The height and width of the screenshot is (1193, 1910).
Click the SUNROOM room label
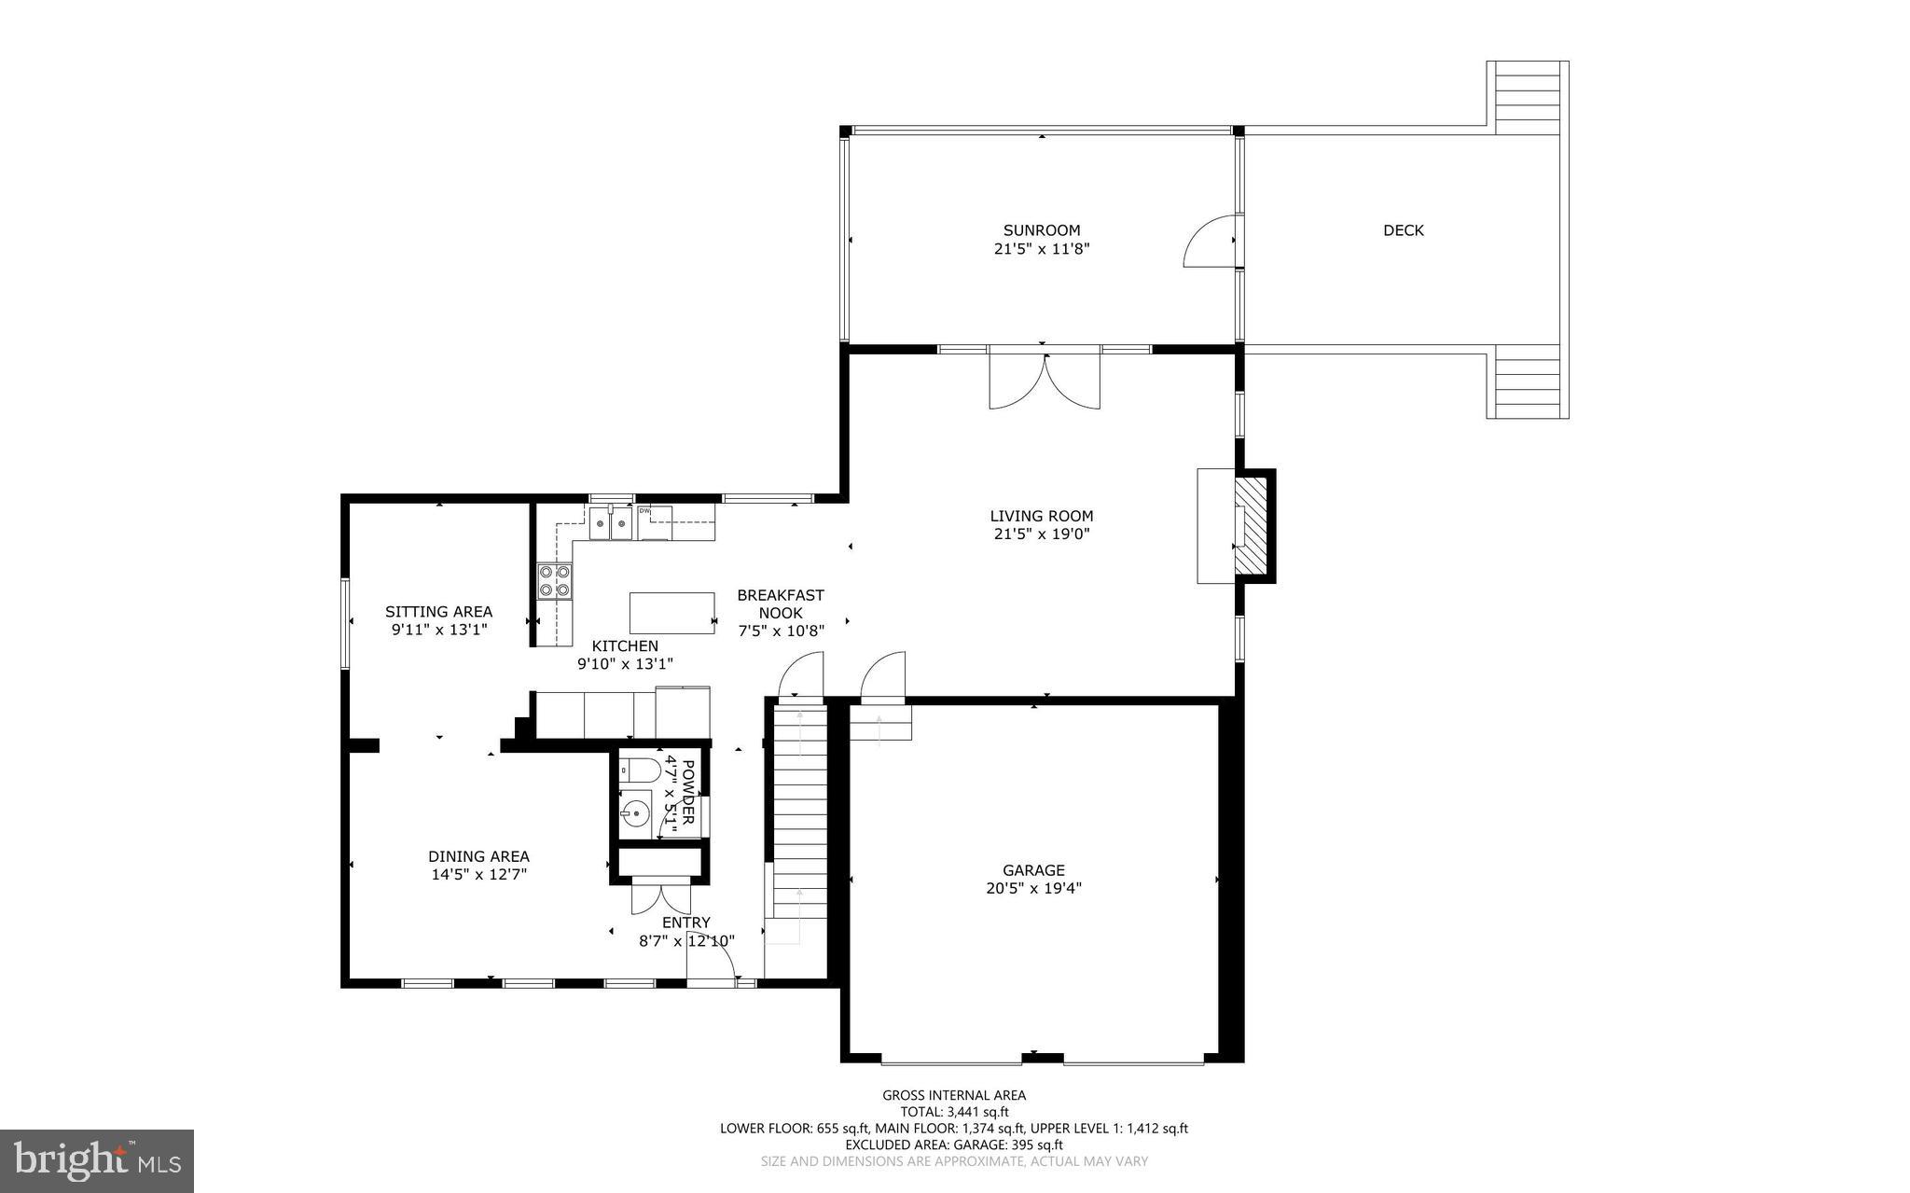click(1041, 230)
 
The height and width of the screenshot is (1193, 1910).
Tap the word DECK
click(1403, 230)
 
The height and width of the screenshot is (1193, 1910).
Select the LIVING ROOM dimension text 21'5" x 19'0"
click(1041, 534)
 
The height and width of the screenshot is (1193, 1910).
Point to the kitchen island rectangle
click(671, 613)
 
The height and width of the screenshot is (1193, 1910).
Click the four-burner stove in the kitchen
click(554, 581)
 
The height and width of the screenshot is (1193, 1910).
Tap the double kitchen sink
click(611, 523)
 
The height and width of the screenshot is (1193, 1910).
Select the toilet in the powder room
click(641, 770)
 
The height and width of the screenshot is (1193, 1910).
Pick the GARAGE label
click(1033, 870)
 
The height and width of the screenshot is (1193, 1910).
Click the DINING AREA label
click(478, 856)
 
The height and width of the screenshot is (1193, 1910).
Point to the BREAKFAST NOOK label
click(781, 603)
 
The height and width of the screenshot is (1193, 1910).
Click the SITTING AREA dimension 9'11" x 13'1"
click(438, 630)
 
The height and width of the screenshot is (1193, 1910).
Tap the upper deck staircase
click(1527, 95)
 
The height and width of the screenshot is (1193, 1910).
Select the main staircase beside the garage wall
click(798, 812)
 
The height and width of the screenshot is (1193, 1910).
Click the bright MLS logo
click(96, 1160)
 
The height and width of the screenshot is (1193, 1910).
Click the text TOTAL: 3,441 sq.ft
click(954, 1112)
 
